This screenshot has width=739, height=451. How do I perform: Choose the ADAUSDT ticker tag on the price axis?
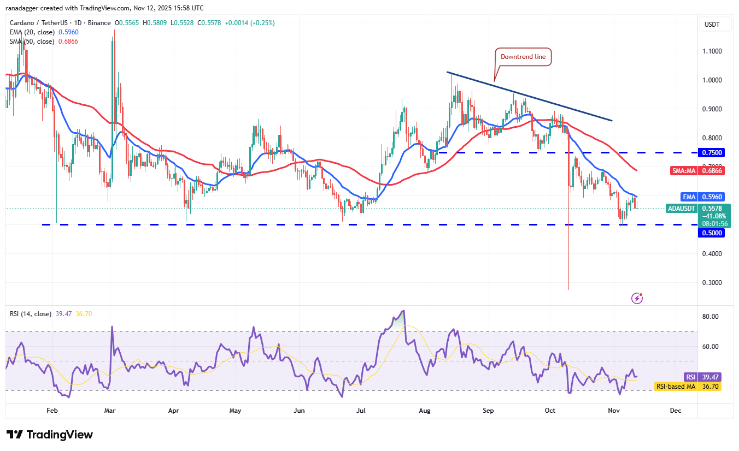[x=682, y=208]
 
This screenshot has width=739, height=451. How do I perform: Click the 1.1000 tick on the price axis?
[x=712, y=51]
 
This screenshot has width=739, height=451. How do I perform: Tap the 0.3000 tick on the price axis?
[x=712, y=283]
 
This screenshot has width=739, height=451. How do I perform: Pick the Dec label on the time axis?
[x=675, y=410]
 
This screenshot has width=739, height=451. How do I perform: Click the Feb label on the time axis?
[x=52, y=410]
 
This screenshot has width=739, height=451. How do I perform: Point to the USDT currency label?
[x=712, y=25]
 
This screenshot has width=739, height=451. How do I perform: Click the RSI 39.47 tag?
[x=703, y=377]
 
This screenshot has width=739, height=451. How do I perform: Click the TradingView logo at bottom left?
[x=50, y=435]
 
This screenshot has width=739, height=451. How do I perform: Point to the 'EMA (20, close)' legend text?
[x=32, y=32]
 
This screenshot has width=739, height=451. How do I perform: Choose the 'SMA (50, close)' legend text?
[x=32, y=41]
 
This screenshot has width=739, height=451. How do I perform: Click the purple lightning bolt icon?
[x=637, y=298]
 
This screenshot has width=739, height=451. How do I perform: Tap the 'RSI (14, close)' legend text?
[x=31, y=314]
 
